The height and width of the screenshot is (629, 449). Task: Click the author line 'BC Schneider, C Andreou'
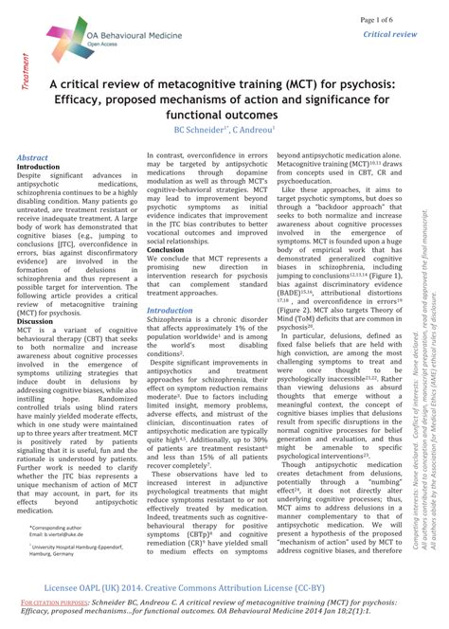(224, 129)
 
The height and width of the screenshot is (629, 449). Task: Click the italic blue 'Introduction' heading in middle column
(170, 310)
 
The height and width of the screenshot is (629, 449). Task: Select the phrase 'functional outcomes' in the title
(224, 112)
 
